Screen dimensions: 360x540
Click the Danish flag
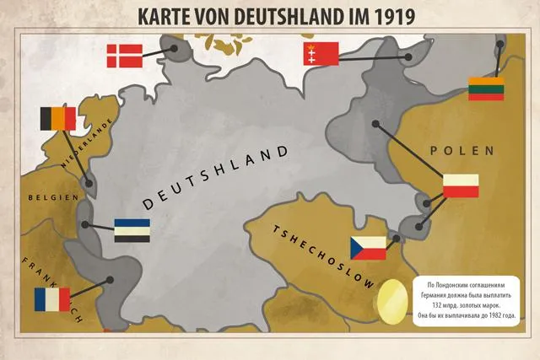pos(124,56)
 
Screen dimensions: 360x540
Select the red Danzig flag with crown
pos(320,55)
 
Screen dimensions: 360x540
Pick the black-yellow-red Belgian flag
pos(57,119)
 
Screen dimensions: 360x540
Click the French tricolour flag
pos(52,299)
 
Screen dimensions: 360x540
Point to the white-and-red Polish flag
pos(461,186)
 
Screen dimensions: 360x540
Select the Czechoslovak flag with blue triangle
pos(368,248)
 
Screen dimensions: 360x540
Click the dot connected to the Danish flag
pos(176,49)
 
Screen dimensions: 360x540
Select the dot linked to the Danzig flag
pos(408,57)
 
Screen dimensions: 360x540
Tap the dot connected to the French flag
pos(109,281)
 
